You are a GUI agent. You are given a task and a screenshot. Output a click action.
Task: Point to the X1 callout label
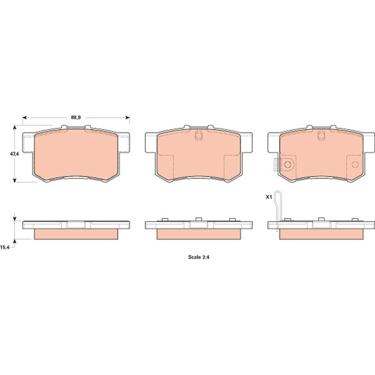(269, 197)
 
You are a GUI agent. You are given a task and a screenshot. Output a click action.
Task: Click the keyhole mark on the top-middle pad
(198, 137)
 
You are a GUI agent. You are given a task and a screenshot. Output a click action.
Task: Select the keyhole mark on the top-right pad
(321, 137)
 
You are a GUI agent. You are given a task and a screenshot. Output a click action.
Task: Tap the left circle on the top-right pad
(288, 164)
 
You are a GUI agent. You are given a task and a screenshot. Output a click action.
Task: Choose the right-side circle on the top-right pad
(355, 165)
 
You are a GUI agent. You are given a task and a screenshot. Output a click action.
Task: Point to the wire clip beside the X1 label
(279, 213)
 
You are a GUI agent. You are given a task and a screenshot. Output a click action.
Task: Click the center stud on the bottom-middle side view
(197, 219)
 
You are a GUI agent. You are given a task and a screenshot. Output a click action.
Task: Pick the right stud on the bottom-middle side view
(232, 219)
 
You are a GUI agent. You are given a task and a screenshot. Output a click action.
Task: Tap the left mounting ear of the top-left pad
(27, 144)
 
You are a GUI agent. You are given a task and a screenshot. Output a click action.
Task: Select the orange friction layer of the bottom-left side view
(76, 234)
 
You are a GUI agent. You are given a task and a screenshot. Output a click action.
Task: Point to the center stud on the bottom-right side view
(321, 219)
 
